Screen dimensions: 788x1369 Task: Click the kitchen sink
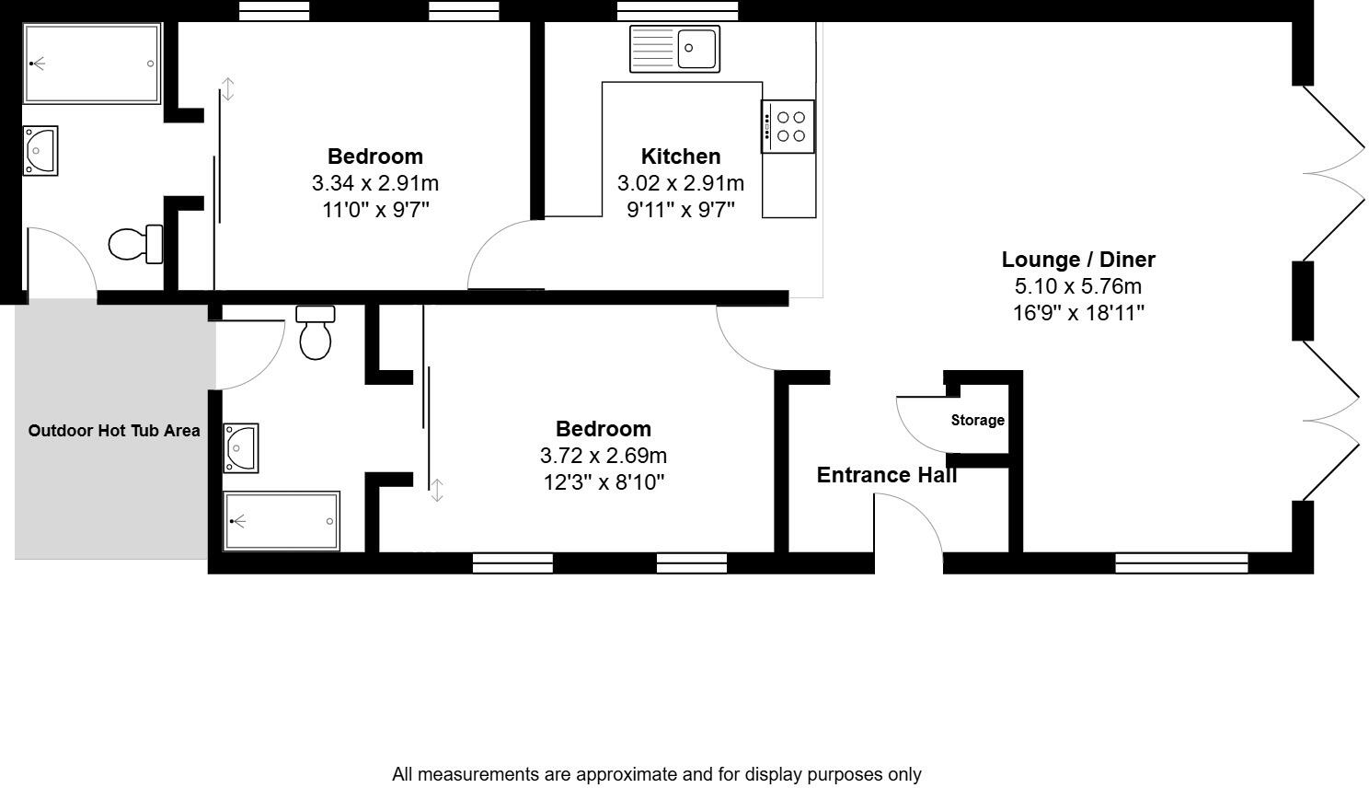pos(675,49)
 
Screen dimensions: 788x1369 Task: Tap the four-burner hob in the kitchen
pos(788,126)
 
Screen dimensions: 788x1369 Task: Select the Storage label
pos(977,421)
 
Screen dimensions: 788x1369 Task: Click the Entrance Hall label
pos(886,475)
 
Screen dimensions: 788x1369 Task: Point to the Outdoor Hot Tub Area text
pos(114,431)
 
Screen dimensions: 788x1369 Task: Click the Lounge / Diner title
pos(1078,260)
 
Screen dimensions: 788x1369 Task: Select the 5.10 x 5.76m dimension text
pos(1078,286)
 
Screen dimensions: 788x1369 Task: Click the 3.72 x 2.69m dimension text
pos(604,456)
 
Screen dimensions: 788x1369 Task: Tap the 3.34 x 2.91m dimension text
pos(375,183)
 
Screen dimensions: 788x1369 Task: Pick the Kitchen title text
pos(681,156)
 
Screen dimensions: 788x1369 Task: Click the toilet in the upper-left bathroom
pos(135,244)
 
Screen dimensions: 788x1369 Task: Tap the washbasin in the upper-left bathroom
pos(41,150)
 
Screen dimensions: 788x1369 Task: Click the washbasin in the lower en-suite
pos(240,447)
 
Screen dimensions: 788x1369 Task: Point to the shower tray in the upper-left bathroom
pos(92,64)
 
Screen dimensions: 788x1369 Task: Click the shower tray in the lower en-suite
pos(282,521)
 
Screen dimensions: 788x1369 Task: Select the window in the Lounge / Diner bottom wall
pos(1181,562)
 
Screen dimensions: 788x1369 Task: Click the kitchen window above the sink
pos(677,11)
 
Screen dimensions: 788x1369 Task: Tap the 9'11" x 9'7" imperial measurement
pos(681,210)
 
